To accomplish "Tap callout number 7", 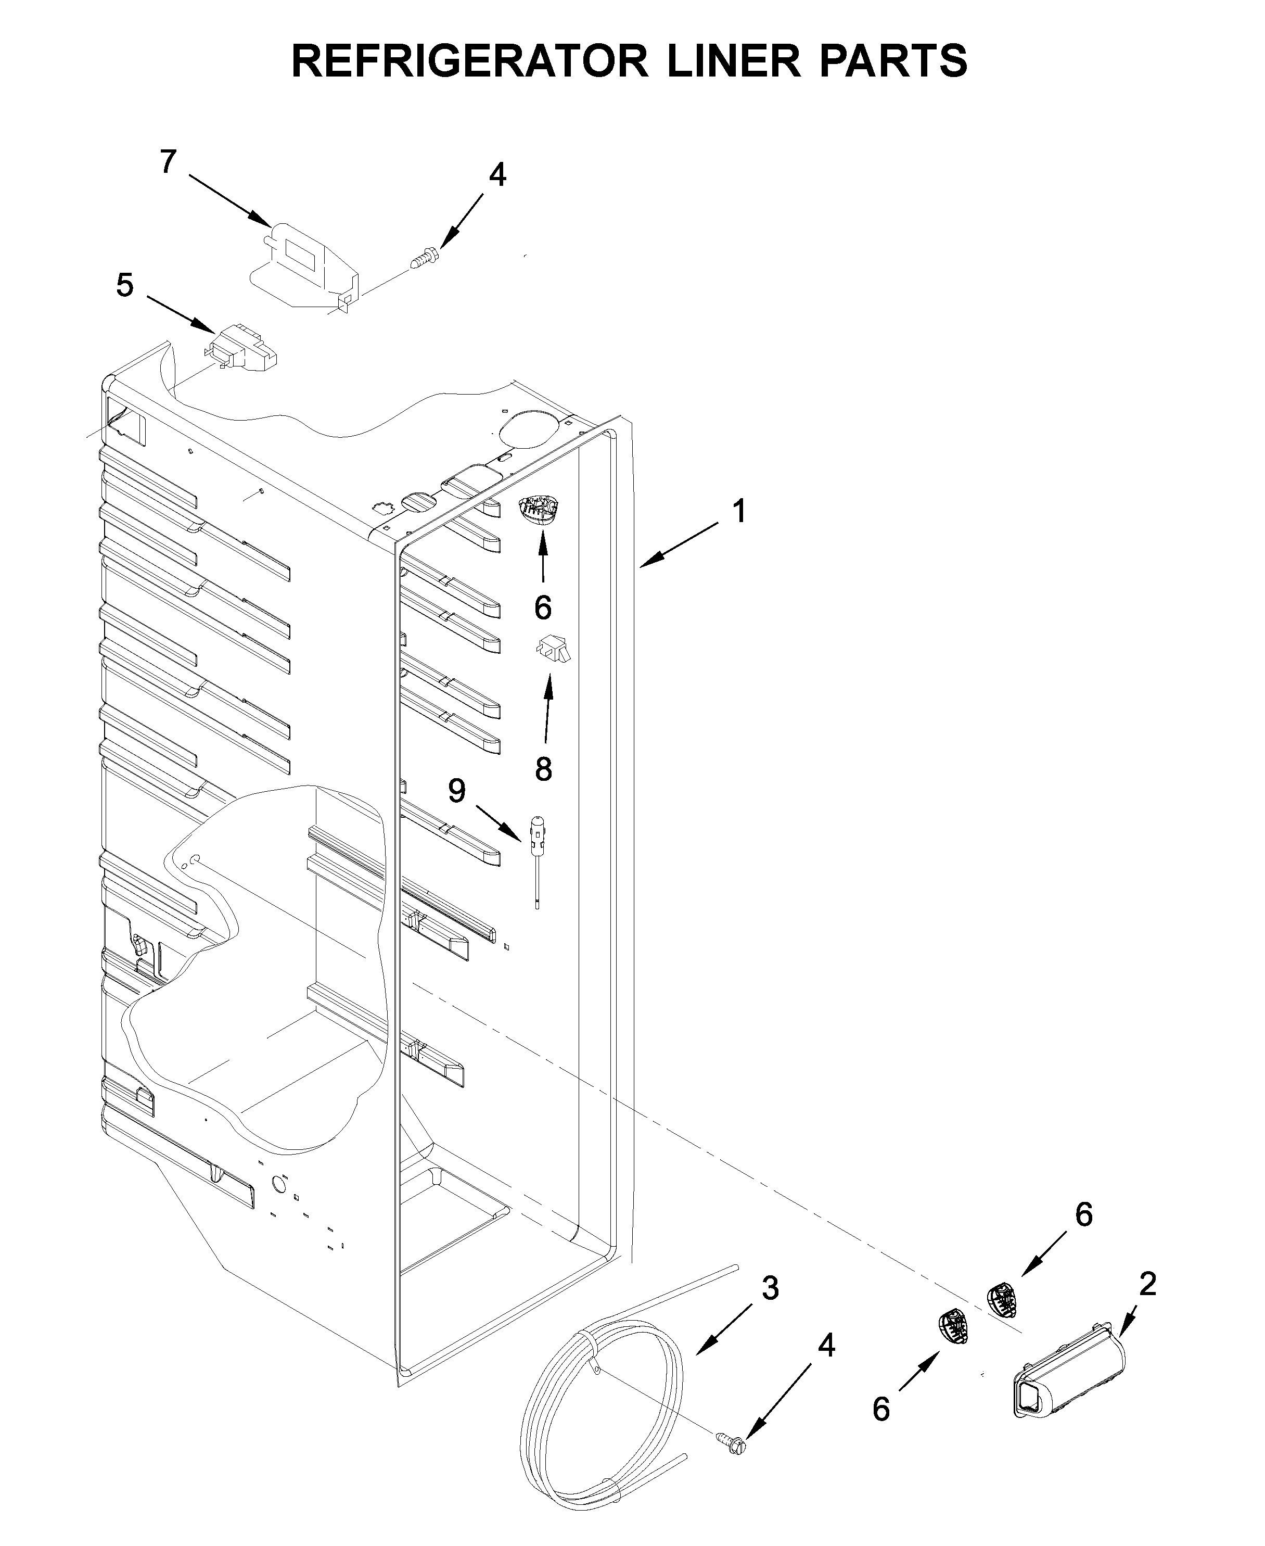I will point(168,162).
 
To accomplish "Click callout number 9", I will point(457,790).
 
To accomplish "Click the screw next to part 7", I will point(424,258).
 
